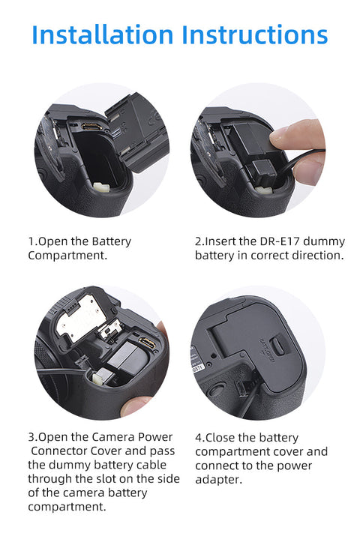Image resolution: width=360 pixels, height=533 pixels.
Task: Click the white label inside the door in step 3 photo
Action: [82, 322]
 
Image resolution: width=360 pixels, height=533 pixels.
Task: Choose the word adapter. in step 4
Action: [218, 479]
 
